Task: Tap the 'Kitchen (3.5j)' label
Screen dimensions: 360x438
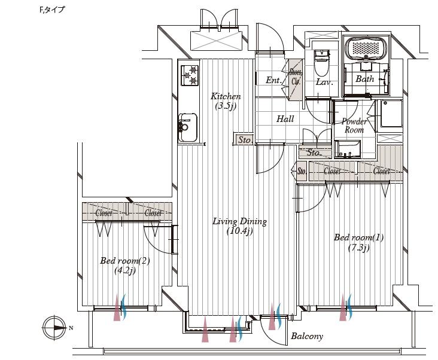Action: [226, 101]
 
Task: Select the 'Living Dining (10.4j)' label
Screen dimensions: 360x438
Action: [239, 226]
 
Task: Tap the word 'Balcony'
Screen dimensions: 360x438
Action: [306, 336]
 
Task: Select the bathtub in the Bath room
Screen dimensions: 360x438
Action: [367, 48]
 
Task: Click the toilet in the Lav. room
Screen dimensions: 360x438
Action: [321, 59]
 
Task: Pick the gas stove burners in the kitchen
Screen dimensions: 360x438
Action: [190, 75]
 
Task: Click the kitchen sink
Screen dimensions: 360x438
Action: [187, 126]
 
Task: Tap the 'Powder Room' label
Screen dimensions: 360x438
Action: [354, 126]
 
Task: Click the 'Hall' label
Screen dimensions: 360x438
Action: [285, 119]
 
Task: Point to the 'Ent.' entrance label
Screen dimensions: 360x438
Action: [273, 80]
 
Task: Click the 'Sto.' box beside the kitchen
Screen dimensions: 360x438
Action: [244, 140]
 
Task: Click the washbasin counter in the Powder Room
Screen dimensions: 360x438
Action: [347, 149]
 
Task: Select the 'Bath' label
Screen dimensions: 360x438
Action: [364, 79]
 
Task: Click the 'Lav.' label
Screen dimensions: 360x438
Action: [324, 83]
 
